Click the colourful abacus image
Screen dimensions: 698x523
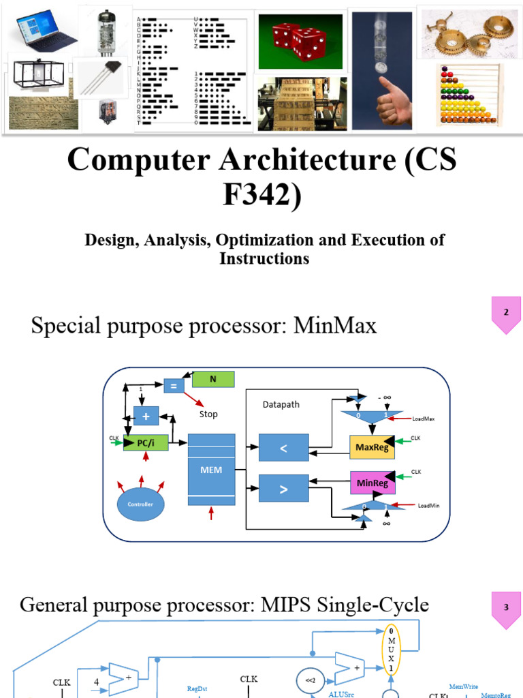[469, 95]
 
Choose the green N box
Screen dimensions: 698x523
[213, 379]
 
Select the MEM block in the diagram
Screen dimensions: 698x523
[211, 470]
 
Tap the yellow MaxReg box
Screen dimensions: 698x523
[372, 446]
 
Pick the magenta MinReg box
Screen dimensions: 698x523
[372, 483]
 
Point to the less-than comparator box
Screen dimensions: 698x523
[284, 449]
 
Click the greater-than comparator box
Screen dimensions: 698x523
[284, 489]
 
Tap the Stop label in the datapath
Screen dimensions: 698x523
[208, 414]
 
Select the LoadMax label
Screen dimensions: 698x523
[423, 419]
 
